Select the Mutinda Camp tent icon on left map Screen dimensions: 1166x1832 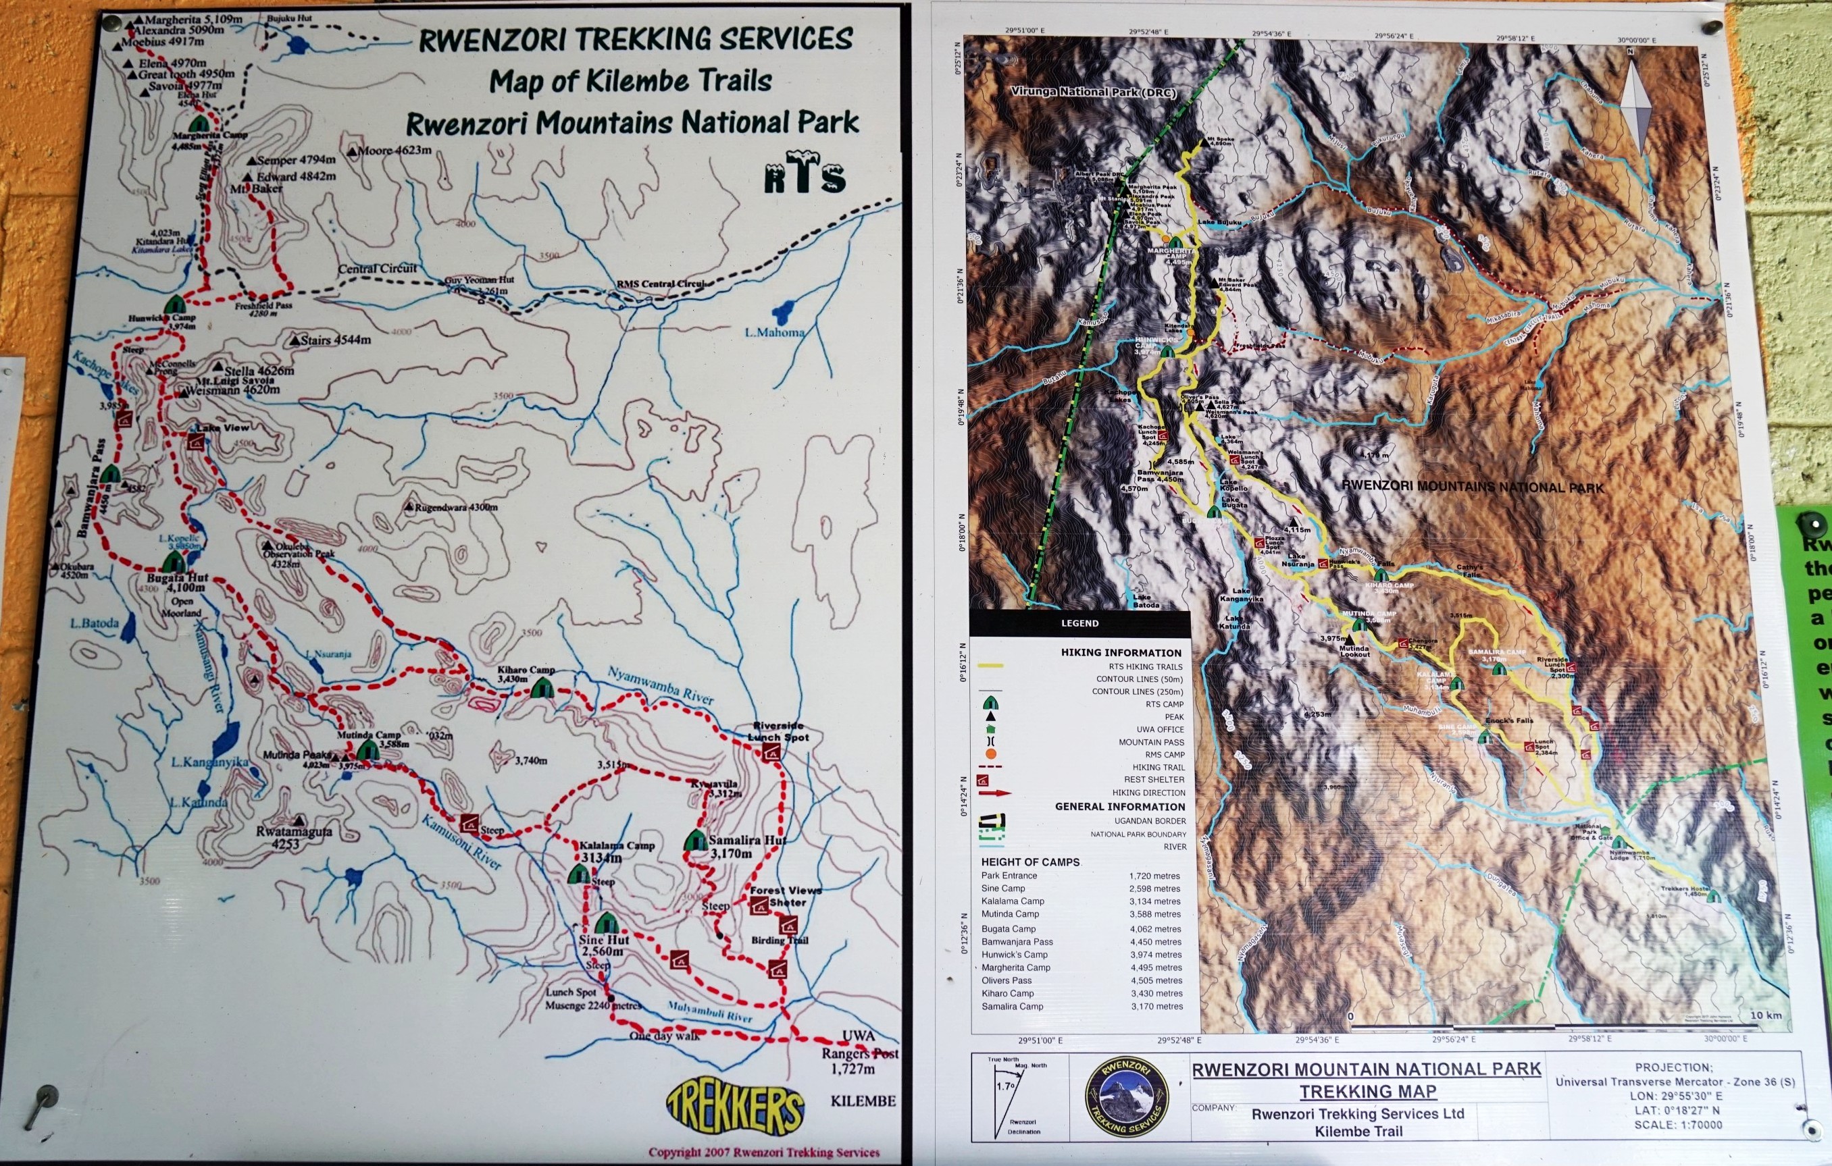367,750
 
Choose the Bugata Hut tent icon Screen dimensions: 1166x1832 174,562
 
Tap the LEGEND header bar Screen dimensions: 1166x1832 1079,623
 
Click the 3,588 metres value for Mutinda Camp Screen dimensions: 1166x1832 1155,914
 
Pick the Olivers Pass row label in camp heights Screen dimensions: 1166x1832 1006,980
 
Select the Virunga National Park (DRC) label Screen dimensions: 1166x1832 1092,92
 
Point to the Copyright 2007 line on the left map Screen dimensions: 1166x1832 764,1152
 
